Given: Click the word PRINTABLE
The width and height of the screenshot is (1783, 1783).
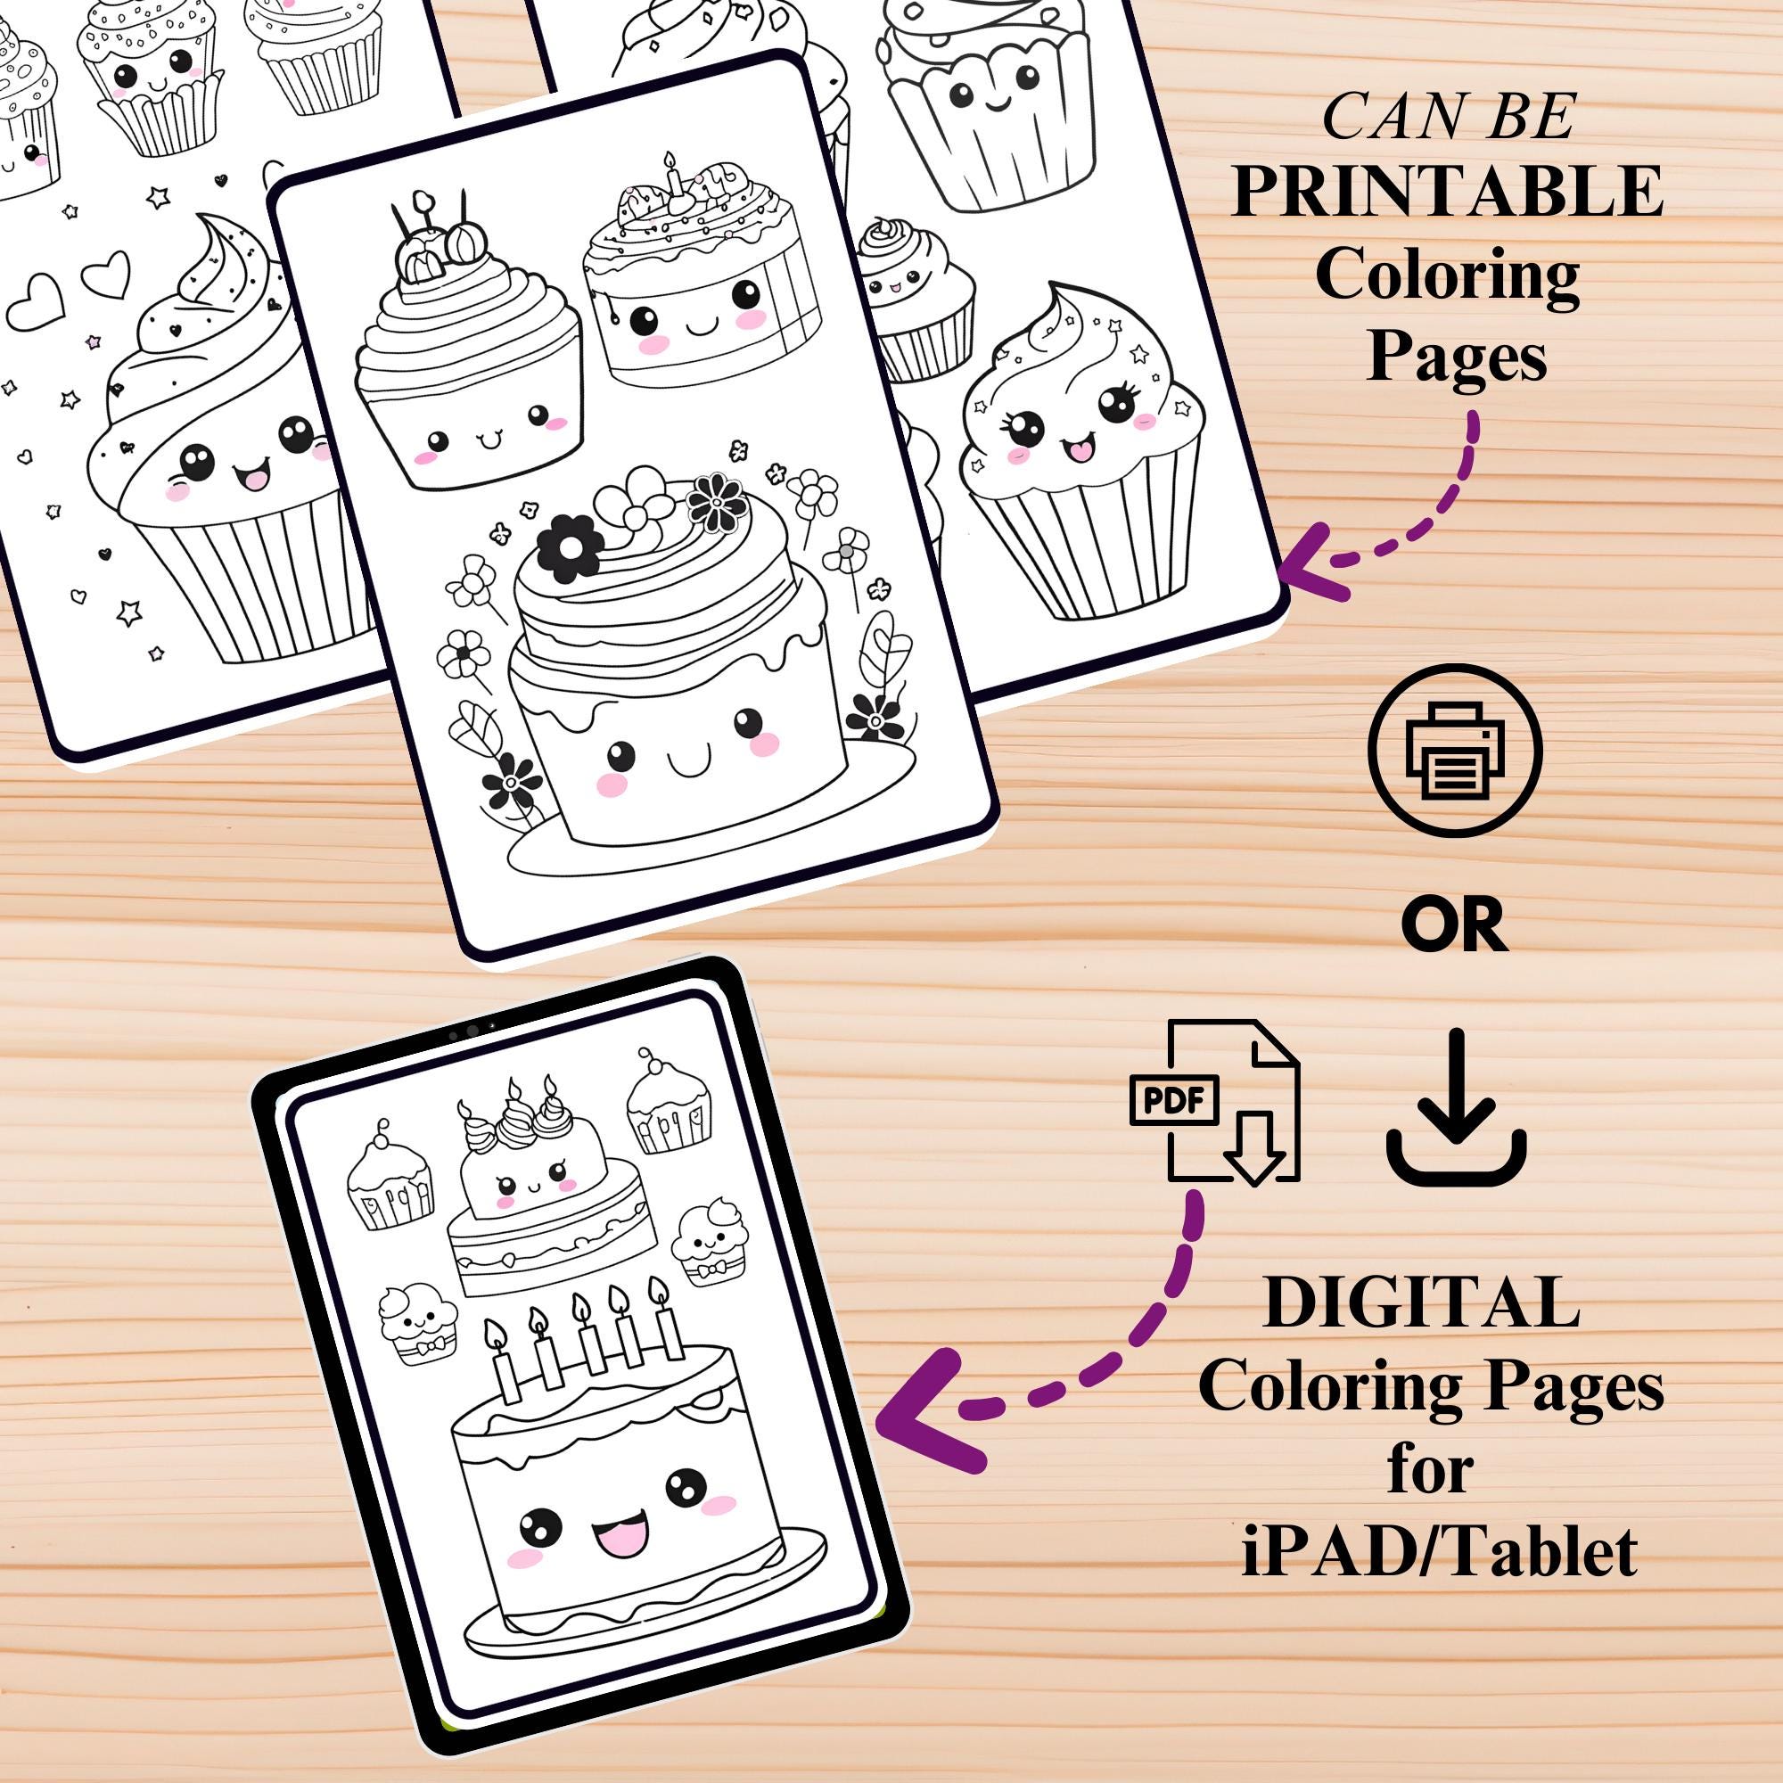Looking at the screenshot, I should click(x=1446, y=191).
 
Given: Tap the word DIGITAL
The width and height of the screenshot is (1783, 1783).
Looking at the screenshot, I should click(x=1421, y=1304).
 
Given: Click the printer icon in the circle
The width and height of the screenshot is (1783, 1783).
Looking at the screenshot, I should click(x=1454, y=751).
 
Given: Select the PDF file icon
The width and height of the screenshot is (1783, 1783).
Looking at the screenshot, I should click(x=1214, y=1101).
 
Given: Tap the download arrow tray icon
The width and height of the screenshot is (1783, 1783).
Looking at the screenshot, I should click(x=1456, y=1110).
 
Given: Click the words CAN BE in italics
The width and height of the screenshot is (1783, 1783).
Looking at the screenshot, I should click(x=1448, y=119).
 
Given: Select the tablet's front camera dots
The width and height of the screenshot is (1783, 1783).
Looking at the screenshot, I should click(x=472, y=1031).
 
